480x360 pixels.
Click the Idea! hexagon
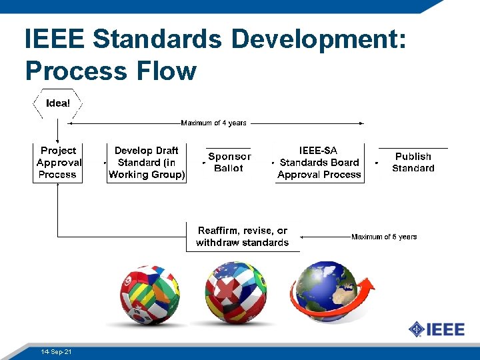tap(57, 103)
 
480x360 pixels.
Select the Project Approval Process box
tap(58, 163)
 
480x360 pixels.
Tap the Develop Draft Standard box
tap(147, 163)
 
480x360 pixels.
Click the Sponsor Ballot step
tap(229, 163)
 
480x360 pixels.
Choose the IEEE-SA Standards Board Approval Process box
tap(319, 163)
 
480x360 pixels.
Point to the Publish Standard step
tap(413, 163)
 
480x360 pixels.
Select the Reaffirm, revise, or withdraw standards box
tap(243, 237)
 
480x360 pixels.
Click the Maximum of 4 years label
tap(213, 123)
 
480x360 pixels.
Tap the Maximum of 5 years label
tap(384, 237)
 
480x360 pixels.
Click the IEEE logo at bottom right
tap(433, 329)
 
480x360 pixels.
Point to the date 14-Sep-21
tap(56, 351)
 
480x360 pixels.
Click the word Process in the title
tap(74, 70)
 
